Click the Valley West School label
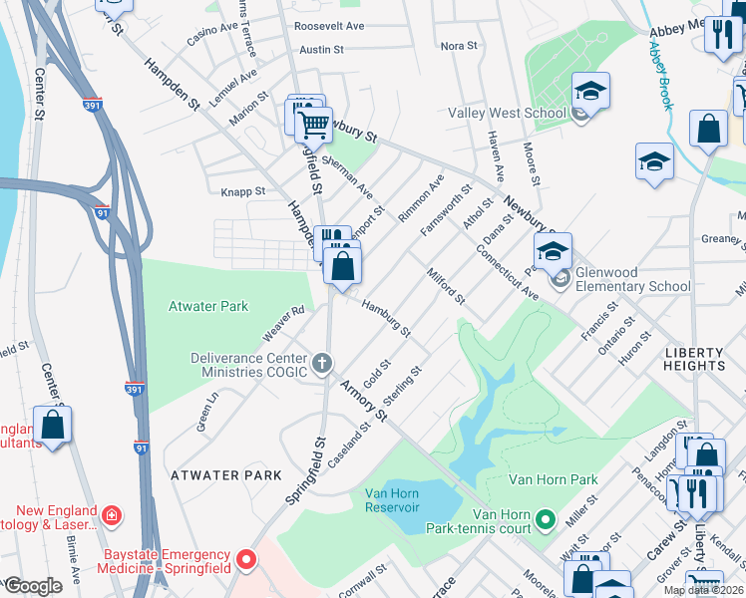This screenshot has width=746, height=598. (507, 114)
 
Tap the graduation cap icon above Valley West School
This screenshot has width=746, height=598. (590, 92)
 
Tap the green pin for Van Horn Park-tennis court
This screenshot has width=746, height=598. (545, 519)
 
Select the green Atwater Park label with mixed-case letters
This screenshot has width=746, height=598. (208, 306)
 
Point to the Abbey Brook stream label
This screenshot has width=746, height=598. (660, 75)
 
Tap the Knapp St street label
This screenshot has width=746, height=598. (242, 191)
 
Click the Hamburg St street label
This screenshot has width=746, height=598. (386, 318)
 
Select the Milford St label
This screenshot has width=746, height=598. (445, 286)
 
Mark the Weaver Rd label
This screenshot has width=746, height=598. (282, 321)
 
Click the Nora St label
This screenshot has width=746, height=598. (460, 46)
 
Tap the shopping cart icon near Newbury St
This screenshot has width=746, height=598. (313, 125)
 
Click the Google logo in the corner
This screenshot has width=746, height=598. (33, 586)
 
